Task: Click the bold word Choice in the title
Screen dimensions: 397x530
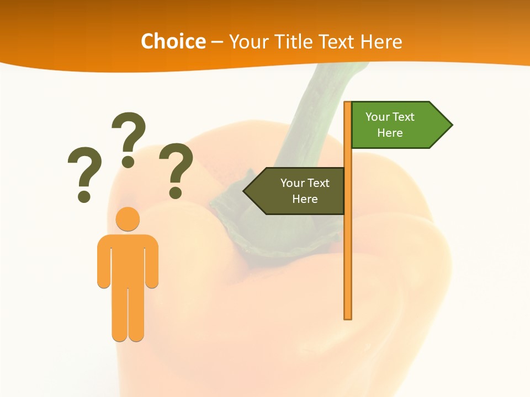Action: [x=173, y=41]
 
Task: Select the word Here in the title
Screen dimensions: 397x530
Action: [x=381, y=41]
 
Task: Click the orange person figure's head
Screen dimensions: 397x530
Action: [x=128, y=219]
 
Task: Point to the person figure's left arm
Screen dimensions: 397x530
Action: [x=104, y=262]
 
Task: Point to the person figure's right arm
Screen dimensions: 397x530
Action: [x=152, y=262]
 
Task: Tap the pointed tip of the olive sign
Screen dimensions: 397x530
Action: [x=246, y=191]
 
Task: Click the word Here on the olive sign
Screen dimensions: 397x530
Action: [x=305, y=199]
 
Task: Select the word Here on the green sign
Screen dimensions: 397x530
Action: [x=390, y=133]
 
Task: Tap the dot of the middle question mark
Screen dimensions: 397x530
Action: [x=128, y=162]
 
